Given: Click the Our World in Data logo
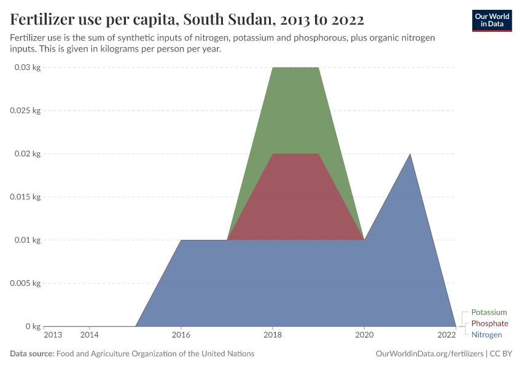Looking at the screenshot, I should coord(491,20).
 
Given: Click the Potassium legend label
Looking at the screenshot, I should coord(489,312).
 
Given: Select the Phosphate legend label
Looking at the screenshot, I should coord(489,323).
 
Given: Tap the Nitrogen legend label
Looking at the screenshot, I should coord(486,334).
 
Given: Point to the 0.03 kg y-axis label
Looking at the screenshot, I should coord(27,67).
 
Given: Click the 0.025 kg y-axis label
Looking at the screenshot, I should coord(25,110).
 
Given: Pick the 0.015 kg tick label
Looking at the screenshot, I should coord(25,197).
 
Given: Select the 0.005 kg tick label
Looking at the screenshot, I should coord(25,283).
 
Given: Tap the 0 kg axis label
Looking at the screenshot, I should coord(33,326).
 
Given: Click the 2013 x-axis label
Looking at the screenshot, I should coord(53,335).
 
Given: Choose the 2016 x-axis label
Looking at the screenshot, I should coord(181,335).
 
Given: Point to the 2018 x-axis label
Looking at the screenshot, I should coord(273,335).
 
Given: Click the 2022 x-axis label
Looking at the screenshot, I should coord(446,335).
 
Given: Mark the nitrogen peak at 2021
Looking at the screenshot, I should coord(410,155).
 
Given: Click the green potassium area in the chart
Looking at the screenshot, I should coord(295,110).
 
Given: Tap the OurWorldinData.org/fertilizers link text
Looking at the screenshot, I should coord(428,354).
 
